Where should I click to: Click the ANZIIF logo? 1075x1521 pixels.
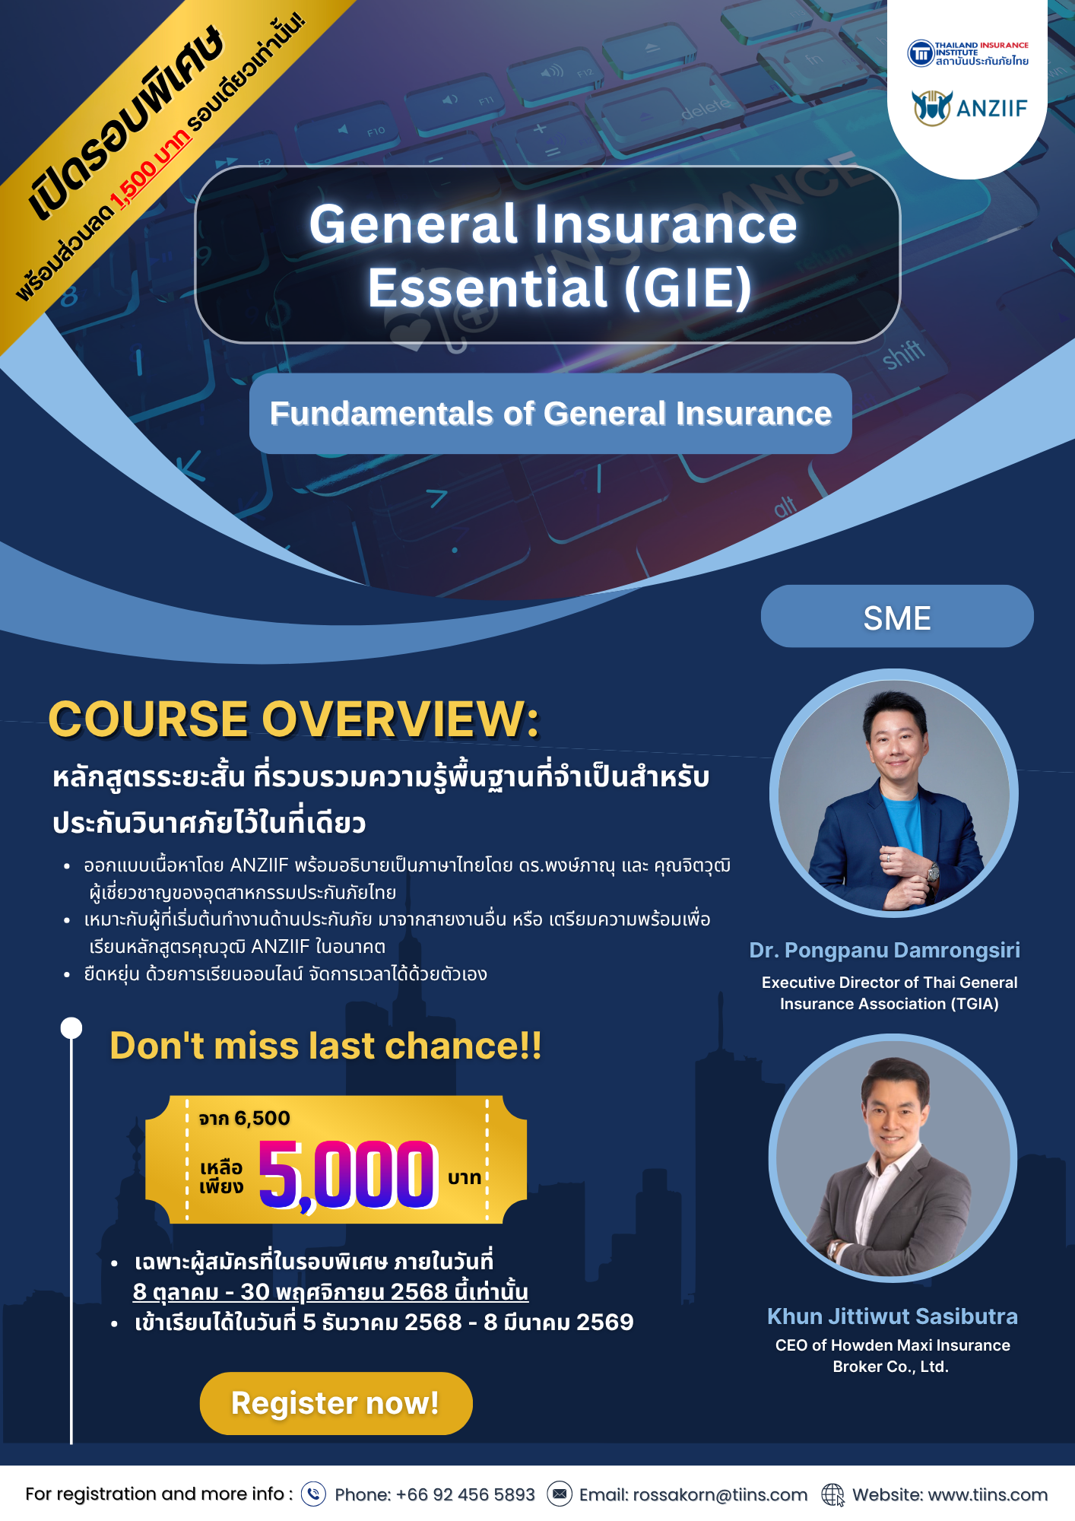[969, 107]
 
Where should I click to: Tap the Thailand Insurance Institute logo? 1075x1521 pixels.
[968, 53]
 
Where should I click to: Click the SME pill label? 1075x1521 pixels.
[897, 617]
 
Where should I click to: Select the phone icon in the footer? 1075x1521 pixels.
[313, 1494]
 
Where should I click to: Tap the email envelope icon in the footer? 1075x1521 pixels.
[560, 1494]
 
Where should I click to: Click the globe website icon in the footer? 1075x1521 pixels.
[833, 1494]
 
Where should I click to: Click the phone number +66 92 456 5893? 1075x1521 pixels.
[465, 1495]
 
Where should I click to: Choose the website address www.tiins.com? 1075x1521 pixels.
[988, 1495]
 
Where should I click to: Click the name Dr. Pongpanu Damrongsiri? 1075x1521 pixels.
[885, 951]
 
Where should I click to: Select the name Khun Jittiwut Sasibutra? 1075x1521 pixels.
[893, 1316]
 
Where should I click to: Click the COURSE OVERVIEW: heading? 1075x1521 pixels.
[293, 719]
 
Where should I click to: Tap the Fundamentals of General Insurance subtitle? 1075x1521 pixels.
[550, 414]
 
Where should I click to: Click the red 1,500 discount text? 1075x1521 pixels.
[151, 170]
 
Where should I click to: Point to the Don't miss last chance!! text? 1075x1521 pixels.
[325, 1046]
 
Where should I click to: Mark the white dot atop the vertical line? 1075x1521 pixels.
[71, 1028]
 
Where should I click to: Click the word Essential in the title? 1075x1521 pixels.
[487, 287]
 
